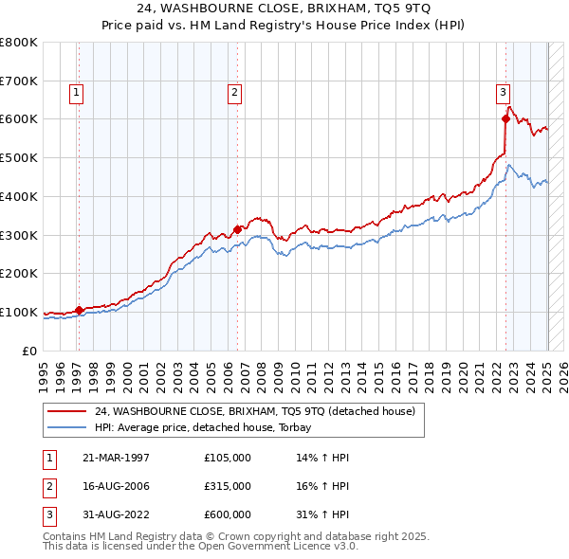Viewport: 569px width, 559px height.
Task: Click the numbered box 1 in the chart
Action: [x=76, y=92]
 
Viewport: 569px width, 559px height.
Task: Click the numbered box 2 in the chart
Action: [x=233, y=92]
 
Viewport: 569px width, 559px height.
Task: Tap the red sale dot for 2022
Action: [x=505, y=118]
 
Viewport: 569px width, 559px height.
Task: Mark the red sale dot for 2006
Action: [x=237, y=228]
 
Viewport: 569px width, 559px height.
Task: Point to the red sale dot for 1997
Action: [x=79, y=310]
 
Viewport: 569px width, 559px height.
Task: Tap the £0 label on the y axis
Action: [x=30, y=351]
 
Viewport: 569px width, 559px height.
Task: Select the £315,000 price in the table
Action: [x=228, y=486]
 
